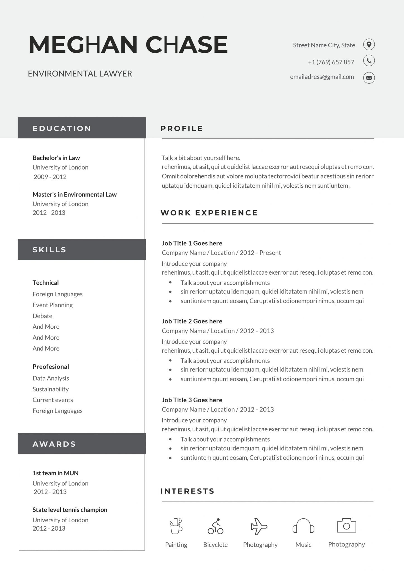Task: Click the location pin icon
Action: (369, 44)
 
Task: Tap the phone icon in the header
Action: (369, 61)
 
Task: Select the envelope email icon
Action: (369, 78)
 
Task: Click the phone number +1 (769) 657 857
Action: (331, 62)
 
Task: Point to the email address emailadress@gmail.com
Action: (322, 77)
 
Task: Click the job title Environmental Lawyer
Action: (80, 74)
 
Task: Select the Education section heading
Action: (62, 128)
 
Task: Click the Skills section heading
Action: (49, 250)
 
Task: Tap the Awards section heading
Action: (54, 444)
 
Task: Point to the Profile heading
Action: (182, 128)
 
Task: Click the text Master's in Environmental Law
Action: (74, 194)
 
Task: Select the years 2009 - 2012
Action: (50, 177)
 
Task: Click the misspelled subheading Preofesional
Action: (50, 367)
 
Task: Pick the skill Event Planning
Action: (52, 305)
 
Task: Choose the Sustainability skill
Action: (50, 389)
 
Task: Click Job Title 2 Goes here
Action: (192, 321)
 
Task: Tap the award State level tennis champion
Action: (70, 510)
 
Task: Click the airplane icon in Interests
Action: (259, 526)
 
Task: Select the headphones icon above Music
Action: (303, 526)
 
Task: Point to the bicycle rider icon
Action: (215, 526)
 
